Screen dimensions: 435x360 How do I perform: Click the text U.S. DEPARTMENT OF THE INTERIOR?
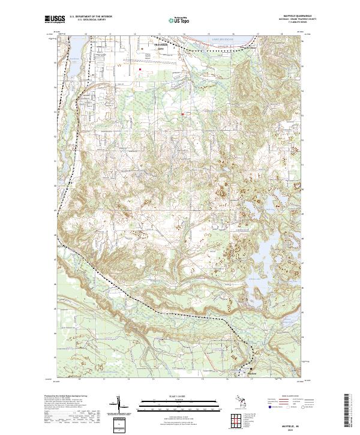(90, 17)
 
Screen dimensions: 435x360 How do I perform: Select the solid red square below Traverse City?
(140, 69)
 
